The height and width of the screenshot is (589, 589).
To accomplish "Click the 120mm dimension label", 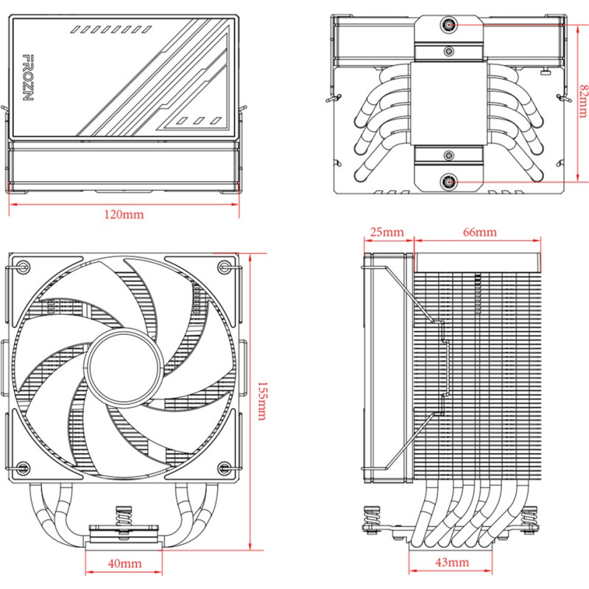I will (x=124, y=215).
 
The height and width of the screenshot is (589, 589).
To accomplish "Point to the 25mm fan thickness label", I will (x=387, y=232).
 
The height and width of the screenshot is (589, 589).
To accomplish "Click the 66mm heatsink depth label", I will (x=479, y=232).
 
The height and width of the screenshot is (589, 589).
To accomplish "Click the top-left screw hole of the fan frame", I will (x=24, y=266).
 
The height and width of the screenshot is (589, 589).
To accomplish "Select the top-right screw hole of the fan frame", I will (x=224, y=266).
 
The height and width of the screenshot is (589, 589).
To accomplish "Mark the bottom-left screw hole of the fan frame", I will (x=24, y=466).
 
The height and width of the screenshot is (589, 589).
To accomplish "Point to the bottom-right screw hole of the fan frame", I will (x=224, y=466).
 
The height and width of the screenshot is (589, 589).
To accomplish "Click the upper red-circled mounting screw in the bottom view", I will (x=448, y=26).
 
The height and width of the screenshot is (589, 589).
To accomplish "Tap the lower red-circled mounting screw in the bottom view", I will (x=448, y=181).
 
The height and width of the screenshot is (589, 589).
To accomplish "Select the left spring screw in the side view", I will (x=370, y=519).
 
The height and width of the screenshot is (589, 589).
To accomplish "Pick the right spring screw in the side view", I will (x=527, y=519).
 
